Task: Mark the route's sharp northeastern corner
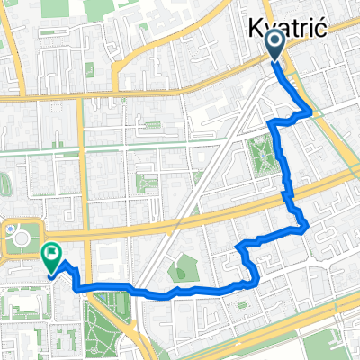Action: coord(310,112)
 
